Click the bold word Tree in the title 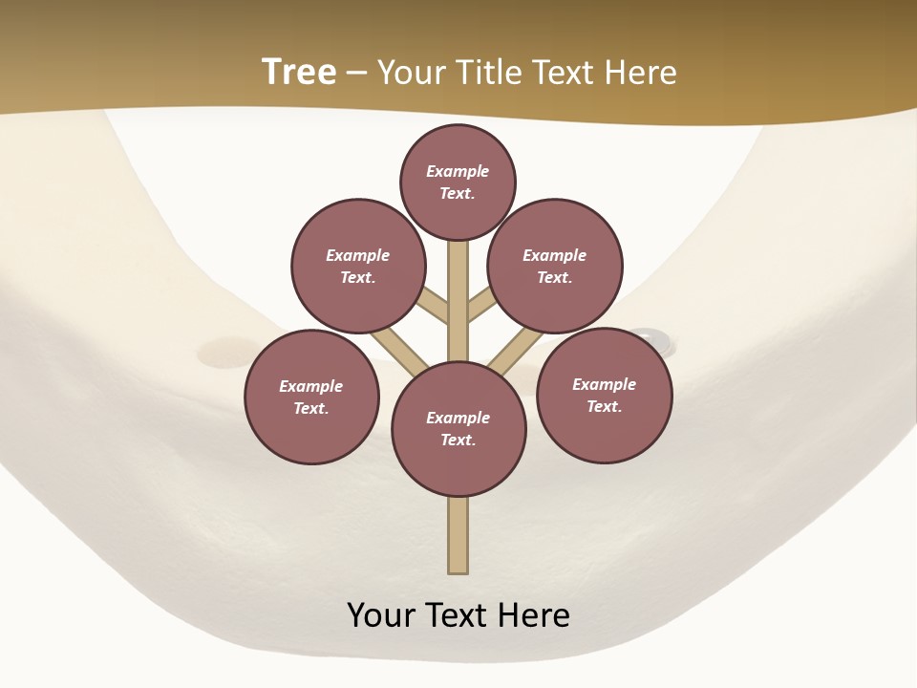click(299, 72)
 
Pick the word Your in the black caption click(380, 614)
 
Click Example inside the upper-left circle click(357, 255)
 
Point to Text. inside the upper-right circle click(554, 277)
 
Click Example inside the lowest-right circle click(604, 384)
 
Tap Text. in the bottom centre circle click(458, 440)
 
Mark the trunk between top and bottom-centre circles click(458, 301)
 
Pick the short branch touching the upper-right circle click(481, 307)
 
